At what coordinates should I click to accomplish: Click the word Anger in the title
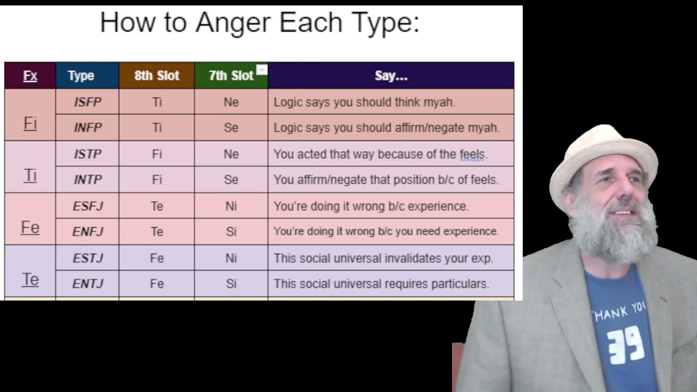[x=233, y=23]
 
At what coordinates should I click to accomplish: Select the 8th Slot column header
[x=157, y=76]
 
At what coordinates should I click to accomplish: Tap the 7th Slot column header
[x=231, y=76]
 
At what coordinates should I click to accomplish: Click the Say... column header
[x=391, y=76]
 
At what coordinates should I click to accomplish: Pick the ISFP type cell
[x=87, y=102]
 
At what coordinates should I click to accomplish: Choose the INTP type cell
[x=87, y=180]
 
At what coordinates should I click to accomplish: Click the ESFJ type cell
[x=87, y=206]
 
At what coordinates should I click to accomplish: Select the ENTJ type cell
[x=87, y=284]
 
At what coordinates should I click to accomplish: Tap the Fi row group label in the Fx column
[x=30, y=123]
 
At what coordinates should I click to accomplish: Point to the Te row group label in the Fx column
[x=30, y=279]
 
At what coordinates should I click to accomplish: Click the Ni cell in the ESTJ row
[x=231, y=258]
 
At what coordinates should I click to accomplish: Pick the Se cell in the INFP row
[x=231, y=127]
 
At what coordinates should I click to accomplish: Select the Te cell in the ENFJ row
[x=157, y=231]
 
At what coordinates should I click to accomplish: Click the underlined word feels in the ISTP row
[x=472, y=154]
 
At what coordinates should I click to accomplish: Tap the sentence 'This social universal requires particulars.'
[x=381, y=284]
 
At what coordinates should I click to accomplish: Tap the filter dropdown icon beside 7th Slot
[x=262, y=70]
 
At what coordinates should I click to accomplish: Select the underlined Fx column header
[x=30, y=76]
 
